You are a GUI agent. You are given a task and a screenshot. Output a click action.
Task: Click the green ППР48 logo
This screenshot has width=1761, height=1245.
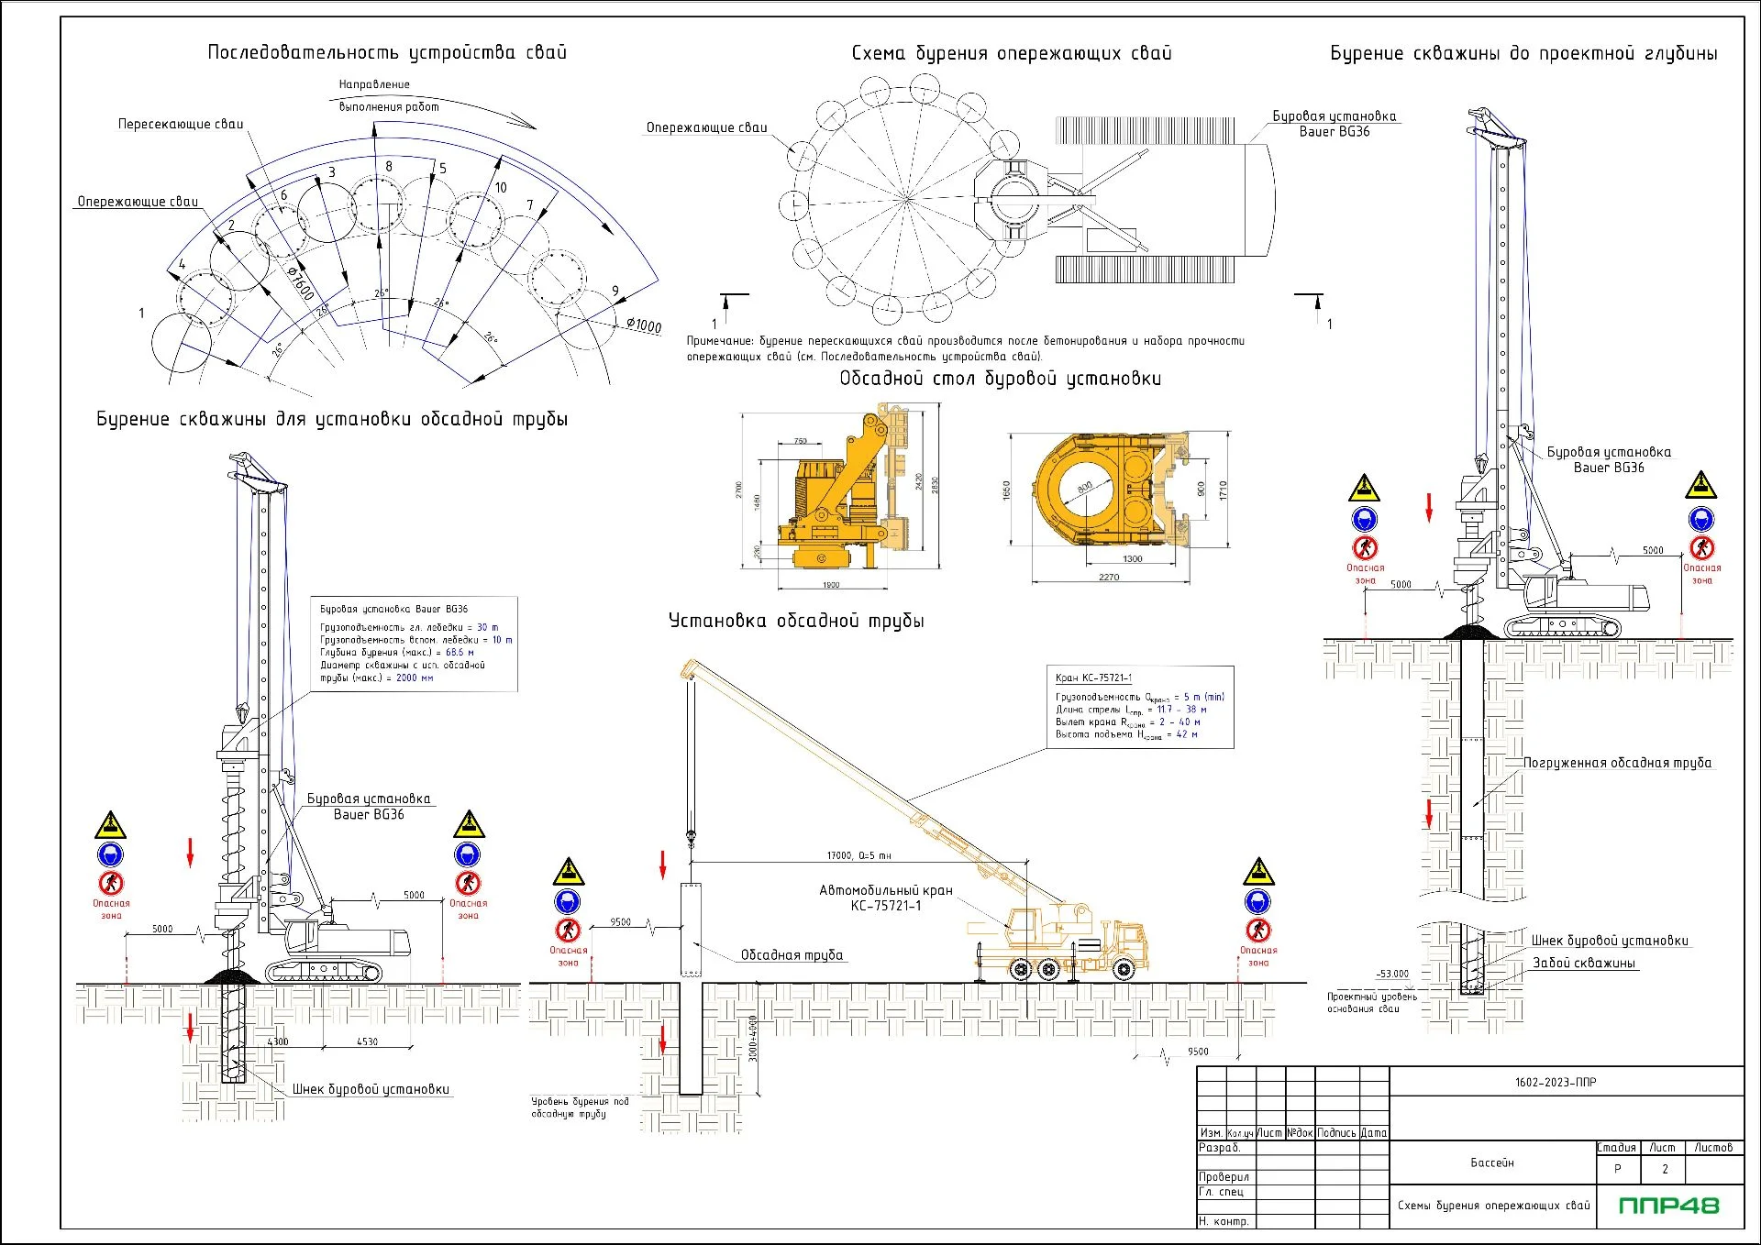1668,1206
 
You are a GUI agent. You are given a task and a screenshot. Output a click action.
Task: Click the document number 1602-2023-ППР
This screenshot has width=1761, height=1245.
1556,1082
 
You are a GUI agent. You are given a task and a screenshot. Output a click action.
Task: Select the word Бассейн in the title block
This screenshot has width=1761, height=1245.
1492,1162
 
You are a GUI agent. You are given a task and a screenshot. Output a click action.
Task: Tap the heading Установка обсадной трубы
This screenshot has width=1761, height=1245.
795,621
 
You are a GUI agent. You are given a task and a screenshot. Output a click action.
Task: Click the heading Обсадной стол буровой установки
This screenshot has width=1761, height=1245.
1000,379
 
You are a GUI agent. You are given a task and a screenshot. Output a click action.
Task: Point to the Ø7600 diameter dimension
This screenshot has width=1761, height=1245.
300,283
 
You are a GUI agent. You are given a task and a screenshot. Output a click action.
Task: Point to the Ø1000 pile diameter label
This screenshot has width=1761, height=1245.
644,325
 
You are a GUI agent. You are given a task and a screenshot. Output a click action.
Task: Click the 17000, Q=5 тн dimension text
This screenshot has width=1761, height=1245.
858,855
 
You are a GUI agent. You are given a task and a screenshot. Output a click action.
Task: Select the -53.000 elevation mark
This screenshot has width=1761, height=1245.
1392,974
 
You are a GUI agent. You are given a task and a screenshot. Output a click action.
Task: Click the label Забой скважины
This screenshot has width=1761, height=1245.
1584,963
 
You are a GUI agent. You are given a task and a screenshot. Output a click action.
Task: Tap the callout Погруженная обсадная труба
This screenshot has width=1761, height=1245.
1617,763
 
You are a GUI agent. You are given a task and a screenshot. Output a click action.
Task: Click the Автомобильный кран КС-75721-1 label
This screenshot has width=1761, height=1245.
885,898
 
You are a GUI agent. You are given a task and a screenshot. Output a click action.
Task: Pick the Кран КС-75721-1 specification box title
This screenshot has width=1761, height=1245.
1093,678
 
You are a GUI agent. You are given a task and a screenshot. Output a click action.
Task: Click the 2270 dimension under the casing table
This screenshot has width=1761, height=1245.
1109,577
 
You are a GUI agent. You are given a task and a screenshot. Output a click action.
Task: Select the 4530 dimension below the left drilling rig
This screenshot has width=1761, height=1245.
367,1041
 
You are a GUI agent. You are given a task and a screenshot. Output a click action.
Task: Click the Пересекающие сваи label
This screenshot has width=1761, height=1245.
181,124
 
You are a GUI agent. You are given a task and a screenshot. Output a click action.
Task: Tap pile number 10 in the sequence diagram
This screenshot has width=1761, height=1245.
501,187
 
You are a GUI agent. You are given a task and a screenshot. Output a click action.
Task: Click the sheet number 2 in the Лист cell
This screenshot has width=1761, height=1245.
1665,1169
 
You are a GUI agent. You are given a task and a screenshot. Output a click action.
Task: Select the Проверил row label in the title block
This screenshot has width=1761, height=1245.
1224,1177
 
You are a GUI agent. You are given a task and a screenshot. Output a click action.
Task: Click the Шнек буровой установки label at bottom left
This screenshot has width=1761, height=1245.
371,1089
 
